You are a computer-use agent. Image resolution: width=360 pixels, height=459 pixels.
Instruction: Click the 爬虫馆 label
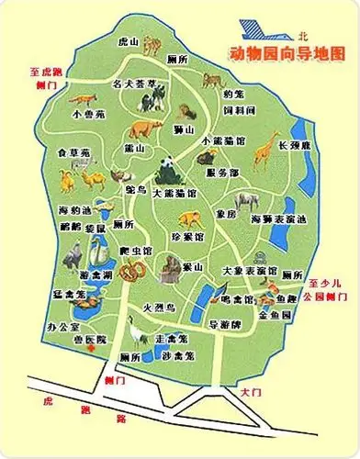[x=136, y=250]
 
